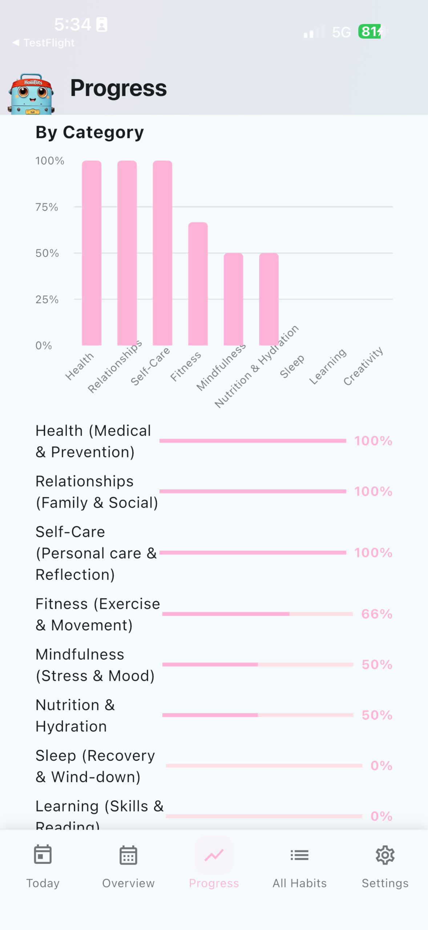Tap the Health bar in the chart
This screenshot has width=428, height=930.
pos(92,253)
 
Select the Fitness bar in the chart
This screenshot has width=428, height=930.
pos(198,284)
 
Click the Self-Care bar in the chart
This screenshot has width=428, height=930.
pos(162,253)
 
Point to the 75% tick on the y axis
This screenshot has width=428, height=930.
pos(47,207)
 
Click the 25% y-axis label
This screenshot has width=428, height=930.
pos(47,299)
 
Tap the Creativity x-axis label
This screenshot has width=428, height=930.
pos(363,366)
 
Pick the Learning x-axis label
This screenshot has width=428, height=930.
pos(328,366)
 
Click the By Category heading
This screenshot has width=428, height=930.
pos(90,133)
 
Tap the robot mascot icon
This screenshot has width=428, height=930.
pos(31,94)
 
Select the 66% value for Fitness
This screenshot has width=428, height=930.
pos(377,614)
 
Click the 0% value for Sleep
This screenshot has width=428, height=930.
pos(381,765)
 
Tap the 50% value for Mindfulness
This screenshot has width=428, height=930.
pos(377,664)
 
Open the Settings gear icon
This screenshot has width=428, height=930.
pos(385,855)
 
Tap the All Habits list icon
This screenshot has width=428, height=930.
pos(299,855)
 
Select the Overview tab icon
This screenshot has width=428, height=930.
pos(128,855)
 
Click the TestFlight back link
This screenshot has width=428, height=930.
pos(44,43)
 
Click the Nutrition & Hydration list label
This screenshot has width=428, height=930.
pos(75,715)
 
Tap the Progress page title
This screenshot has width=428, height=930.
pos(118,88)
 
